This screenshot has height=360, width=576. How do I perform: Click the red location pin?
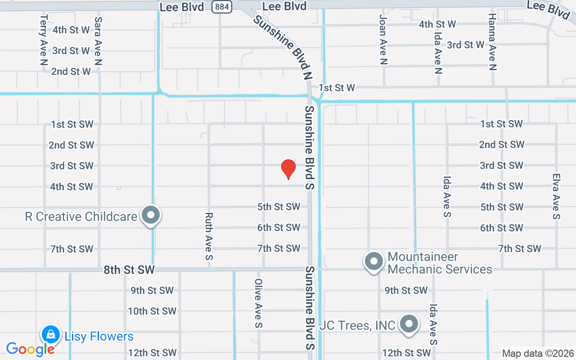(x=288, y=169)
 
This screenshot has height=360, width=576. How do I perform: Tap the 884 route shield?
(x=223, y=7)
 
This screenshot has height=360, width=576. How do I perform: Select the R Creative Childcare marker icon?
(x=151, y=216)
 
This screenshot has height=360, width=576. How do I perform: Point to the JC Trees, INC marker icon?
(x=409, y=324)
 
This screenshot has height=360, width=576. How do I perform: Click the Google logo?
(x=30, y=349)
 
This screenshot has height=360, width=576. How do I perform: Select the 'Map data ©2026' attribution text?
(x=538, y=354)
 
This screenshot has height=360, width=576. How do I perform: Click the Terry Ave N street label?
(x=44, y=40)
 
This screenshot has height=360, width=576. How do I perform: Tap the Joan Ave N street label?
(x=383, y=39)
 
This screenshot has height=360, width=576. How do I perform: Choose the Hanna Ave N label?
(x=492, y=41)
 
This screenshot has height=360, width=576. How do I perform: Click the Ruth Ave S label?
(x=209, y=237)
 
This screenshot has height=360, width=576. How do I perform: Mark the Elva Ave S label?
(x=557, y=197)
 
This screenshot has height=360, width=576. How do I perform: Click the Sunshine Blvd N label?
(x=282, y=47)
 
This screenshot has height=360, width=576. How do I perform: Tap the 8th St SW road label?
(x=129, y=270)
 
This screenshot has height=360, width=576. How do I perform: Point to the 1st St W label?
(x=337, y=88)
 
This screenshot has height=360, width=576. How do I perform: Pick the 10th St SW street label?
(x=152, y=311)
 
